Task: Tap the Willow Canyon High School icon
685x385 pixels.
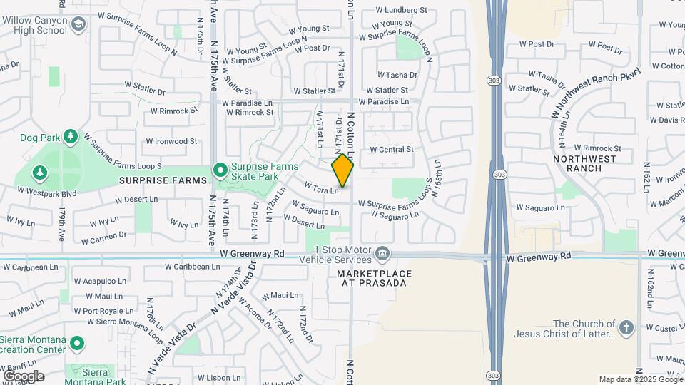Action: pos(77,26)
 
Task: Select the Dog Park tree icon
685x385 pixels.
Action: pos(70,136)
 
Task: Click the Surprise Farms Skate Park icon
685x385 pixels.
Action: pos(220,170)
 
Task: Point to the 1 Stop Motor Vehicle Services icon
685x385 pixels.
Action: pos(382,253)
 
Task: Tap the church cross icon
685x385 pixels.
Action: pos(626,328)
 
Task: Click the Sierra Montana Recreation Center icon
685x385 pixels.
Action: pos(76,344)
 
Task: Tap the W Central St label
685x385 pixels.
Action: pos(392,150)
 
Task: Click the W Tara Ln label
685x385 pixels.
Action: pos(320,188)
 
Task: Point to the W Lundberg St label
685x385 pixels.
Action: pos(401,11)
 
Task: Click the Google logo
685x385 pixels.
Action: pos(24,376)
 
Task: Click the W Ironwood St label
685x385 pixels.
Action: pos(171,142)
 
